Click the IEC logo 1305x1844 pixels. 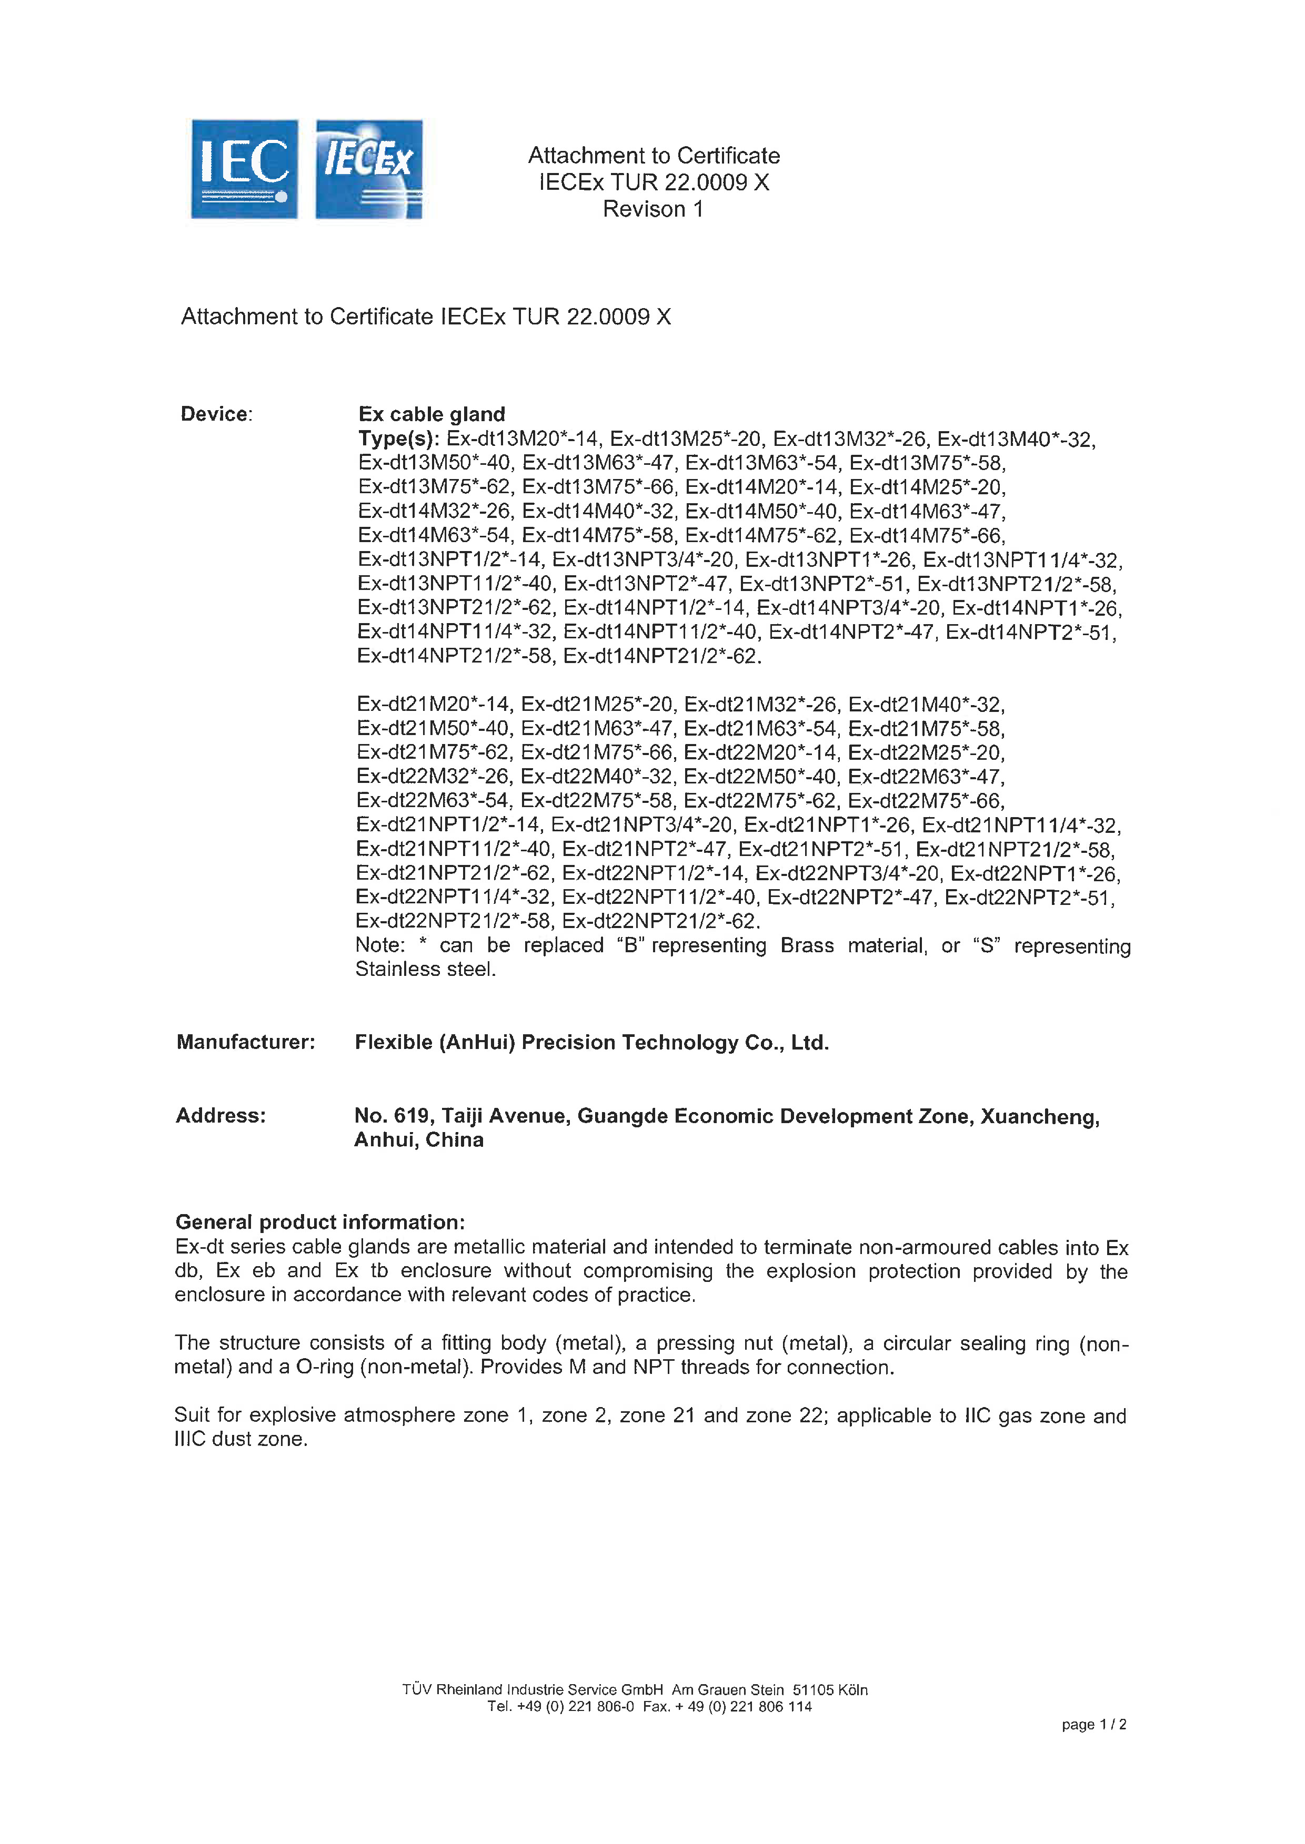point(244,169)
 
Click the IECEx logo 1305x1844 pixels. point(369,169)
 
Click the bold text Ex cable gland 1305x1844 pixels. point(431,414)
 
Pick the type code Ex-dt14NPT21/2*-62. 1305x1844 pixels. point(661,656)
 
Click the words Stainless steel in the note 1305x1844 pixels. point(425,970)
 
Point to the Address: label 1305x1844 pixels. point(221,1116)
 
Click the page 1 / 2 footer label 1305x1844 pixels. point(1093,1724)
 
